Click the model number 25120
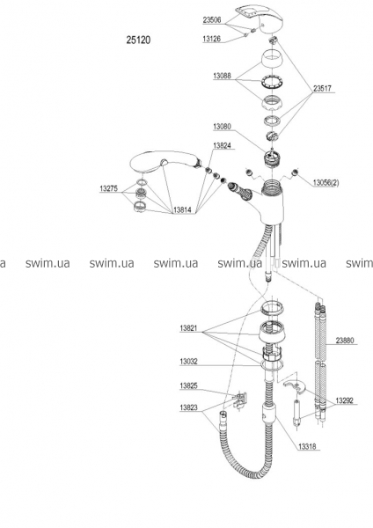tap(138, 40)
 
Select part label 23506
tap(212, 20)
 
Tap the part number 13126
tap(211, 39)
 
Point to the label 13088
tap(222, 76)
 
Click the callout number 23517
tap(322, 89)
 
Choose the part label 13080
tap(222, 127)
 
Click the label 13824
tap(222, 145)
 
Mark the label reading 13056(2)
tap(325, 183)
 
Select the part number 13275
tap(109, 188)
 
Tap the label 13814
tap(182, 210)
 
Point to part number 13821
tap(189, 328)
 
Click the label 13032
tap(189, 362)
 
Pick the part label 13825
tap(189, 386)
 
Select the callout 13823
tap(189, 407)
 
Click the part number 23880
tap(345, 341)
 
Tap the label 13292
tap(344, 400)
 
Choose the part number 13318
tap(307, 447)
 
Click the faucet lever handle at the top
tap(260, 19)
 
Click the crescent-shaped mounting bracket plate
tap(296, 386)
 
